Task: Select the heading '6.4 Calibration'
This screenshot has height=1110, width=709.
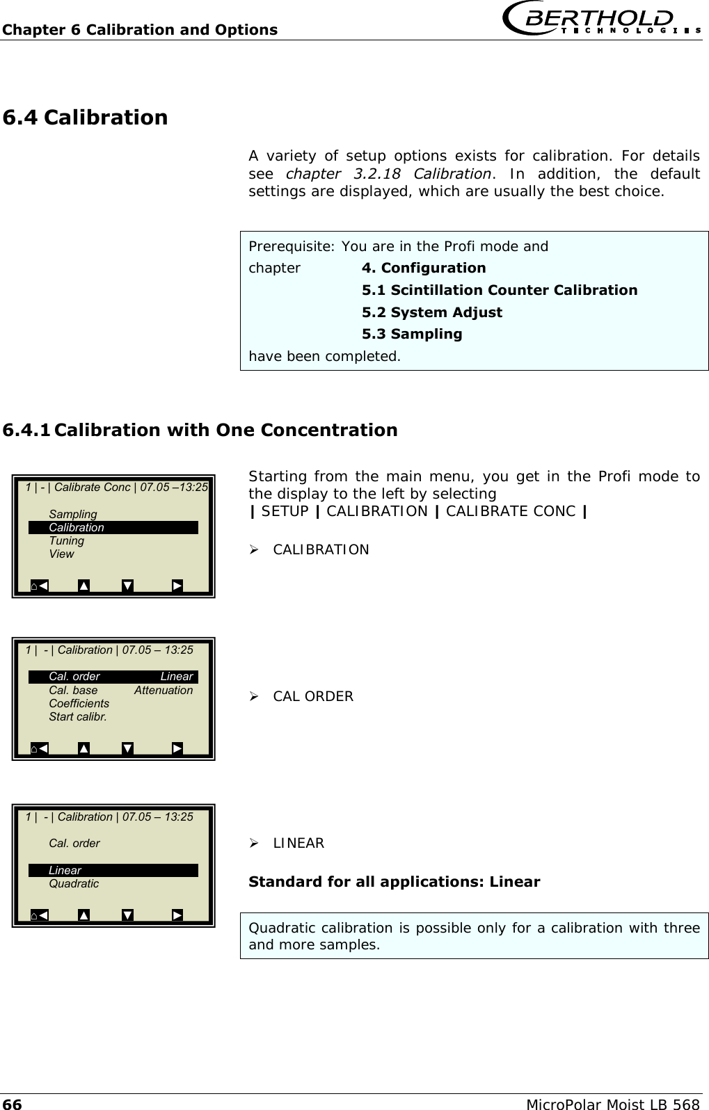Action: coord(86,118)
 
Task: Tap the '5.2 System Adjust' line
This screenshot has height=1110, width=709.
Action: coord(431,312)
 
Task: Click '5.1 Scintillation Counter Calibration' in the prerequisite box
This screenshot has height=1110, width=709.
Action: coord(499,290)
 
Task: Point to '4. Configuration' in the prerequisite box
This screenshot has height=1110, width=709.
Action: coord(424,268)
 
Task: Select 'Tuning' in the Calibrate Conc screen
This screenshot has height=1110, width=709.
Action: coord(67,540)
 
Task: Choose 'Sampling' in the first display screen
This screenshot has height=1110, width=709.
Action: coord(73,514)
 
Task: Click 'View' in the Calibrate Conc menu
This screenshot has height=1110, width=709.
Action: coord(61,554)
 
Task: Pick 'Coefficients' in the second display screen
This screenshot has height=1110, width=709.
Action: coord(79,703)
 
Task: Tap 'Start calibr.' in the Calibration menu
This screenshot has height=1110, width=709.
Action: coord(78,716)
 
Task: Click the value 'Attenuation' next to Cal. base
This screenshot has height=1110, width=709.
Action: coord(164,690)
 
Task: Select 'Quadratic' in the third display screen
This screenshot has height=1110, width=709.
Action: coord(74,883)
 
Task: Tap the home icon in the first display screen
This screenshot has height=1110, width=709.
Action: coord(35,586)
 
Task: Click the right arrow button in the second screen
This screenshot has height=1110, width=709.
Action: coord(177,748)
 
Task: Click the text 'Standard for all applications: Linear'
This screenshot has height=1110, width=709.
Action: coord(394,882)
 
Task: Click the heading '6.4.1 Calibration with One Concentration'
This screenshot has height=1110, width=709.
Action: coord(200,430)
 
